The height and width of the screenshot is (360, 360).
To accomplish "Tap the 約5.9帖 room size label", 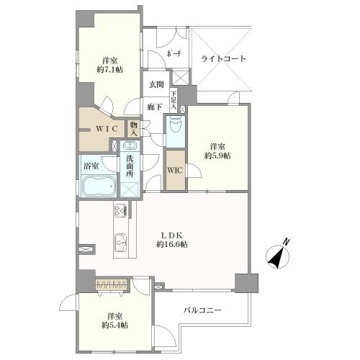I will coord(218,155).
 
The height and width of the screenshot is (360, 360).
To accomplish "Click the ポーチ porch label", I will coord(174,55).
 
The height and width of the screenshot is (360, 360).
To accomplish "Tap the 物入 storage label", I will coord(134,128).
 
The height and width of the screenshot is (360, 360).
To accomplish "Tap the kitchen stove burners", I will coord(120,211).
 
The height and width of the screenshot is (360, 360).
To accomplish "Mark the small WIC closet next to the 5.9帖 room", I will coord(175,171).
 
